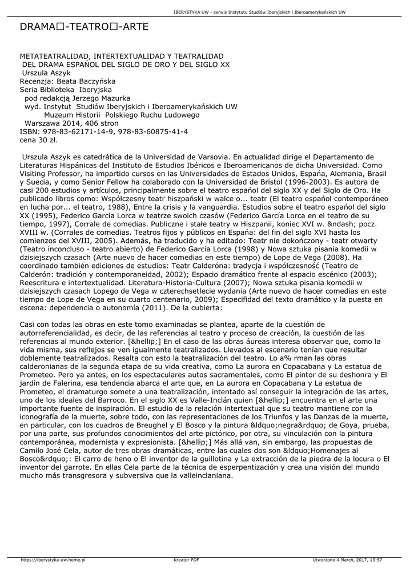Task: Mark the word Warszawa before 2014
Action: [43, 123]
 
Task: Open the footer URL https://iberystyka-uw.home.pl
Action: [53, 560]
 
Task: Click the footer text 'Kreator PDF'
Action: [186, 560]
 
